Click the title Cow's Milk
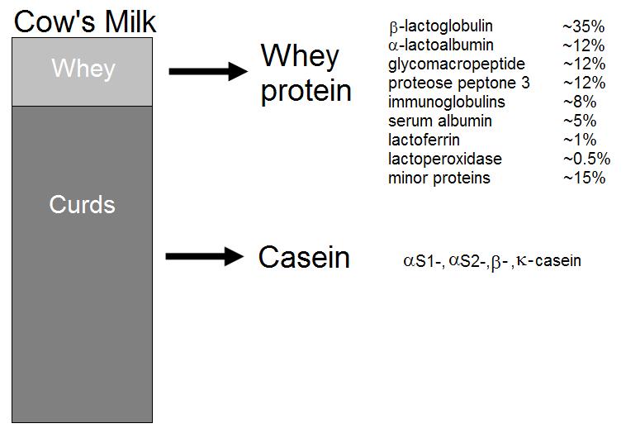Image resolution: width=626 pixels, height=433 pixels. click(x=84, y=21)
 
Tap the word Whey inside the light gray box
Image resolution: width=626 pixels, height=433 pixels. click(x=83, y=69)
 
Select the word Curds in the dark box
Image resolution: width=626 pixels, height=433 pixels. click(x=83, y=204)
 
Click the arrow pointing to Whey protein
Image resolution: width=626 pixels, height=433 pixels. click(x=208, y=72)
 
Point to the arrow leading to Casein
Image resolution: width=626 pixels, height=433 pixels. click(x=205, y=256)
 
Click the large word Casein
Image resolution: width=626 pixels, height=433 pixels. click(x=304, y=257)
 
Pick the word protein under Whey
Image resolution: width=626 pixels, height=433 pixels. click(x=306, y=92)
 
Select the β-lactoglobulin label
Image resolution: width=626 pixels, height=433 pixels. click(x=441, y=26)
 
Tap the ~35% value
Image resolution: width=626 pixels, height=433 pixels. click(x=584, y=26)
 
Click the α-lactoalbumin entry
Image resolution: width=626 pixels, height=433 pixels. click(x=441, y=45)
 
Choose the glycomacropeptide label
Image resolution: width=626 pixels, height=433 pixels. click(x=457, y=64)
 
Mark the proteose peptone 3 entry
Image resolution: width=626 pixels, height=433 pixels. click(x=459, y=83)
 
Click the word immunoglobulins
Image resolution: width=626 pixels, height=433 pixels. click(x=447, y=102)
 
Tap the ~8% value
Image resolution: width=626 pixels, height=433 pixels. click(x=580, y=102)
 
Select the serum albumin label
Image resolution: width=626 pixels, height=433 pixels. click(x=440, y=121)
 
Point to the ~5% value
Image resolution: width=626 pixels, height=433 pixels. click(x=580, y=121)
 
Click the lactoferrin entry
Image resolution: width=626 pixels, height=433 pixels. click(x=424, y=140)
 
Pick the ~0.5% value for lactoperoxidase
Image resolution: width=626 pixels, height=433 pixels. click(x=587, y=159)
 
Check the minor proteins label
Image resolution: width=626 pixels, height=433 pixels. click(x=439, y=178)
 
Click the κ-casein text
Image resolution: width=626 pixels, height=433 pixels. click(x=548, y=261)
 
